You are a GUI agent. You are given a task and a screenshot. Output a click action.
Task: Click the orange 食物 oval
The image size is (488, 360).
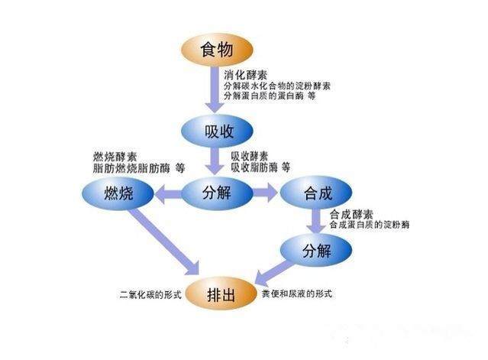(217, 50)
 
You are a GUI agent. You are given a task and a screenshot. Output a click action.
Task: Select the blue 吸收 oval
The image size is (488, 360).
(217, 131)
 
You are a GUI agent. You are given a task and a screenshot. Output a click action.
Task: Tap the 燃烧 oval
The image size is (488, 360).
(118, 193)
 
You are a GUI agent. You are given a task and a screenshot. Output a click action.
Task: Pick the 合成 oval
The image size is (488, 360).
(316, 193)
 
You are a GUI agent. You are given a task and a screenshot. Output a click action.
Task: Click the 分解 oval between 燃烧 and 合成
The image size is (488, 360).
(217, 193)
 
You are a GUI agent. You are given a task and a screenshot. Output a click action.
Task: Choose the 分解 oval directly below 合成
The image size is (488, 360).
(316, 251)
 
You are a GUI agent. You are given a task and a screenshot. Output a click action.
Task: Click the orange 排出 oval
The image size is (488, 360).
(221, 294)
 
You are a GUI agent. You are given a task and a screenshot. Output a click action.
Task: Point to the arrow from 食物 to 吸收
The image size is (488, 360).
(214, 89)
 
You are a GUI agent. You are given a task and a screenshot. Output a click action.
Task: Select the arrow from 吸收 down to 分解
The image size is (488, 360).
(214, 161)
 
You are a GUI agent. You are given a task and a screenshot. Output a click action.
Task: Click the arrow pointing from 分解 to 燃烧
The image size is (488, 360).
(168, 193)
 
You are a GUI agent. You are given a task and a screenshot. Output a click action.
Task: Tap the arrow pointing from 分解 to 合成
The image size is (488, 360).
(266, 193)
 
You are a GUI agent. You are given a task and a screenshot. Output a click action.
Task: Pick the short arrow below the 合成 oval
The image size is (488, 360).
(316, 220)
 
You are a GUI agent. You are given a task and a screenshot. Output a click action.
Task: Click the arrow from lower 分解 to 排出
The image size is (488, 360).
(273, 273)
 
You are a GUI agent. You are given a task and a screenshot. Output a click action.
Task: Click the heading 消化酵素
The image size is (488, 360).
(246, 75)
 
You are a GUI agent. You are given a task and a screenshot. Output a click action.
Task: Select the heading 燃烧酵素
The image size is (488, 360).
(115, 157)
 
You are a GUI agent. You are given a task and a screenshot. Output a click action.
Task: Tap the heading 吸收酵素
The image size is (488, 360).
(250, 156)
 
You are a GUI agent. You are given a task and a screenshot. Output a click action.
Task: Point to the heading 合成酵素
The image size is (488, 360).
(351, 214)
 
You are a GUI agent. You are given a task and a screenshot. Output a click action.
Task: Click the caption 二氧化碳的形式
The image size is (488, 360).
(150, 294)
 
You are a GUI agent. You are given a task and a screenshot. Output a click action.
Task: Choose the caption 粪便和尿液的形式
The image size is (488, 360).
(297, 294)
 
